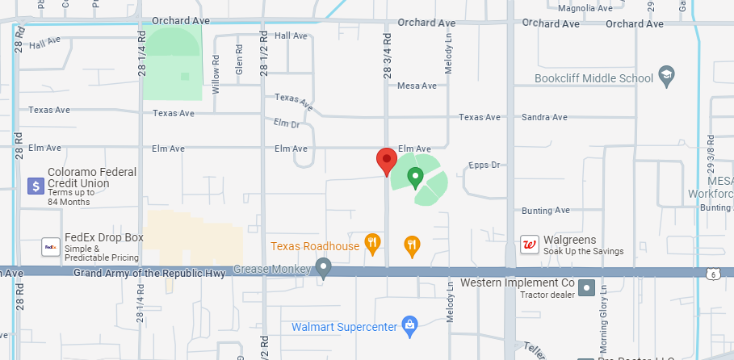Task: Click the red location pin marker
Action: coord(386,161)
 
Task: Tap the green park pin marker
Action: coord(416,177)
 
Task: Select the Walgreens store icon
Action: coord(531,245)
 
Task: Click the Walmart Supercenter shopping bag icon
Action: coord(410,327)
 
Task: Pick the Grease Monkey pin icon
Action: coord(324,267)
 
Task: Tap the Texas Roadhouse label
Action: coord(315,246)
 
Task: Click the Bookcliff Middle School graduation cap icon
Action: coord(666,77)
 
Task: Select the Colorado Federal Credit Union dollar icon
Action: coord(35,186)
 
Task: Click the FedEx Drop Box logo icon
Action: coord(51,246)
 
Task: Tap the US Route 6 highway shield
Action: coord(714,274)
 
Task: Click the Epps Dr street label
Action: coord(485,165)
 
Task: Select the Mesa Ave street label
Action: coord(417,86)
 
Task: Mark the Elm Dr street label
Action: coord(287,123)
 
